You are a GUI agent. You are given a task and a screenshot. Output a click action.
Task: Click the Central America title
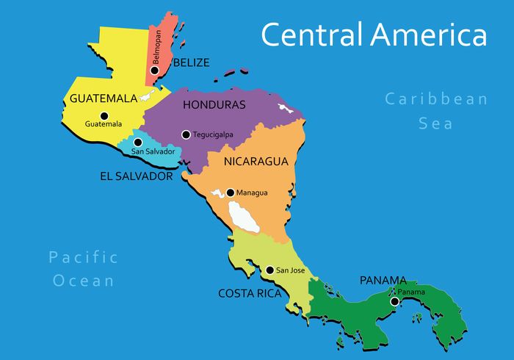pos(374,35)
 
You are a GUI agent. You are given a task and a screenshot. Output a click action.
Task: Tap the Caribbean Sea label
pos(436,111)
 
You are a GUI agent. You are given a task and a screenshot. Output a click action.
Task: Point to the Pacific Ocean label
pos(83,268)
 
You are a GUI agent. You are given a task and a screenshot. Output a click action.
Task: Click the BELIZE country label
pos(191,62)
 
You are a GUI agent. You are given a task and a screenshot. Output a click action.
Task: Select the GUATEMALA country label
pos(104,98)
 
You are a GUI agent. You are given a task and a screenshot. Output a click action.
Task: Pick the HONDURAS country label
pos(214,105)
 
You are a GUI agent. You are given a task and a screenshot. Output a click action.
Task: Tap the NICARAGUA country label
pos(256,161)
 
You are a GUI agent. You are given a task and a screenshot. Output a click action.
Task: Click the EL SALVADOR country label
pos(136,176)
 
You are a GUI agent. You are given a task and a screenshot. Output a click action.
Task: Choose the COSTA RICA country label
pos(250,293)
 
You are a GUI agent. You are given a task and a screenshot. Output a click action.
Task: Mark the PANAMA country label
pos(383,280)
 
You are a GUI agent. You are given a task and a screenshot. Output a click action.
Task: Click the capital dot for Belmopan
pos(155,70)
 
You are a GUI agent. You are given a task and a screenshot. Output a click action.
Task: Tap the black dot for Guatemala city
pos(104,115)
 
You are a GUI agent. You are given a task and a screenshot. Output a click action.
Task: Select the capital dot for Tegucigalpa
pos(186,134)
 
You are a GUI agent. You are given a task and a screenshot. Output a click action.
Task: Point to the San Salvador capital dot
pos(137,143)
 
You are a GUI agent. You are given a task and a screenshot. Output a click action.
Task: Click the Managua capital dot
pos(230,192)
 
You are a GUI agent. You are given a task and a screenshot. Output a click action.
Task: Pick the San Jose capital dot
pos(269,270)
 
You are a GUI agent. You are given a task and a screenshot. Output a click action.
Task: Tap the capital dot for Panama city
pos(394,301)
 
